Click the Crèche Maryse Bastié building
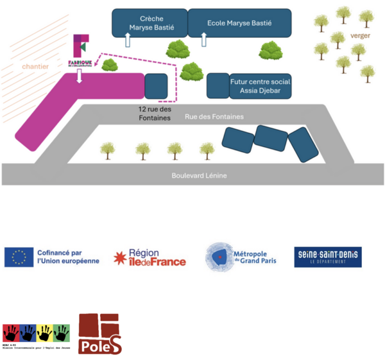click(x=149, y=22)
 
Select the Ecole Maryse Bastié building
click(x=239, y=22)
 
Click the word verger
click(x=360, y=36)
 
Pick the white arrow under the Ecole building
click(x=205, y=40)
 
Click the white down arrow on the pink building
click(x=79, y=77)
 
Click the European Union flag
click(x=19, y=257)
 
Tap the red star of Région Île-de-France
click(x=120, y=258)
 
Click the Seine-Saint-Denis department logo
click(x=327, y=257)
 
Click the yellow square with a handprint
click(x=44, y=334)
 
